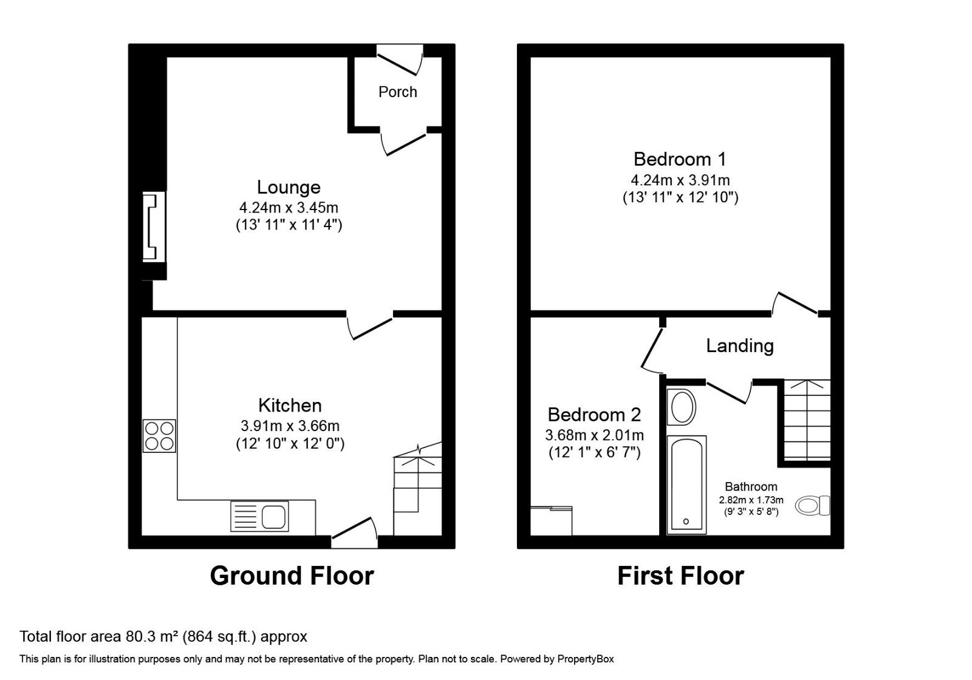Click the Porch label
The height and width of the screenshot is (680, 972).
pyautogui.click(x=397, y=92)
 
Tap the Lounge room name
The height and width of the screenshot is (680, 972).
pyautogui.click(x=289, y=187)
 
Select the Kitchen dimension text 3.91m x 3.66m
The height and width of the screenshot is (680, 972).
pyautogui.click(x=290, y=426)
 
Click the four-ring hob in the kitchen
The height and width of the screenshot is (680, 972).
pyautogui.click(x=159, y=436)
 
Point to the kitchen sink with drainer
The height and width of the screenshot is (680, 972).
pyautogui.click(x=259, y=517)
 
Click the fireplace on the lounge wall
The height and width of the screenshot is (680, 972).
pyautogui.click(x=154, y=226)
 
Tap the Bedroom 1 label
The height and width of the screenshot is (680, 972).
pyautogui.click(x=679, y=159)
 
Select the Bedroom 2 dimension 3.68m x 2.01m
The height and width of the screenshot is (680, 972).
pyautogui.click(x=594, y=435)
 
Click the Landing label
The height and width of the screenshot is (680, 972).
pyautogui.click(x=739, y=345)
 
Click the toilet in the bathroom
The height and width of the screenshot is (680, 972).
pyautogui.click(x=813, y=505)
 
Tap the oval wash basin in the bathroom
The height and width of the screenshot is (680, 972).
pyautogui.click(x=681, y=407)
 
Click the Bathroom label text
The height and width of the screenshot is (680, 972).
pyautogui.click(x=751, y=486)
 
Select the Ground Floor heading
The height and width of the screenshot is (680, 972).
pyautogui.click(x=292, y=576)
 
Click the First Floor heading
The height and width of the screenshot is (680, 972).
pyautogui.click(x=680, y=576)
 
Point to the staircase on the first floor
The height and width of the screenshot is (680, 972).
pyautogui.click(x=807, y=419)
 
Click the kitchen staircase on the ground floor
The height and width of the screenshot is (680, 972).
pyautogui.click(x=416, y=492)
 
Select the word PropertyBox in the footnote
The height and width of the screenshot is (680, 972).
pyautogui.click(x=586, y=659)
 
